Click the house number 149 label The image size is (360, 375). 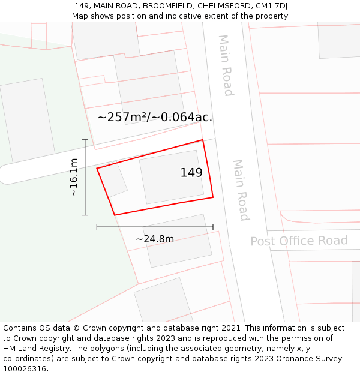click(191, 173)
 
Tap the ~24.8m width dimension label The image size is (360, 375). click(155, 239)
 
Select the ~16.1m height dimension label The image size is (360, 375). click(73, 177)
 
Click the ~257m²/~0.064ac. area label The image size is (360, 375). click(155, 117)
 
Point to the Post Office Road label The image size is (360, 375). click(299, 241)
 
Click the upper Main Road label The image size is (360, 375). click(225, 65)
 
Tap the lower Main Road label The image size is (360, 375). click(241, 190)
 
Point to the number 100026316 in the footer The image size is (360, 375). click(25, 368)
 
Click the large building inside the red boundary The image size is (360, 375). click(172, 176)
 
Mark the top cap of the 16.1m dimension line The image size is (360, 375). click(85, 140)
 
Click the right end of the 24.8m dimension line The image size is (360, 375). click(213, 227)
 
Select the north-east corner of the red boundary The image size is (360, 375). click(202, 140)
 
